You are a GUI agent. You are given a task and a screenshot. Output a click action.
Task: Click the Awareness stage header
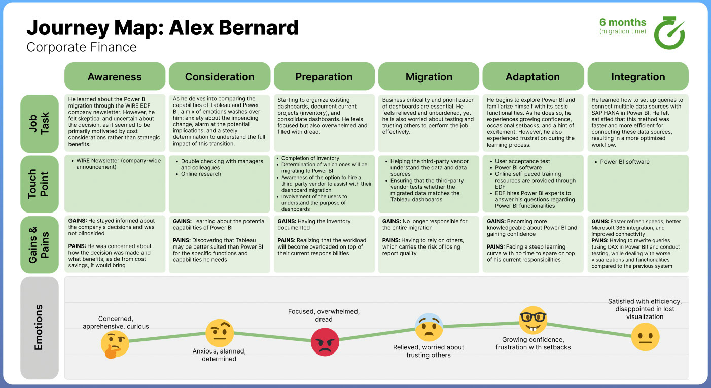pyautogui.click(x=115, y=76)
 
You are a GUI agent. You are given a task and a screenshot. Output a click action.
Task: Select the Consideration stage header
pyautogui.click(x=219, y=76)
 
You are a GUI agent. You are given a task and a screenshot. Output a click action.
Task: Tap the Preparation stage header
pyautogui.click(x=324, y=76)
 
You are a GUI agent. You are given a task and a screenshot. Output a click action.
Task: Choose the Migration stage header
pyautogui.click(x=429, y=76)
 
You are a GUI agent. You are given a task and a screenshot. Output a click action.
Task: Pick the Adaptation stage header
pyautogui.click(x=533, y=76)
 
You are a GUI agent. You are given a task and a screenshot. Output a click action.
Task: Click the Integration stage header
pyautogui.click(x=638, y=76)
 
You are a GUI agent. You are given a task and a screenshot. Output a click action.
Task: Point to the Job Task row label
pyautogui.click(x=40, y=124)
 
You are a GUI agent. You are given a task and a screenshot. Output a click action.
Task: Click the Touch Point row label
pyautogui.click(x=40, y=184)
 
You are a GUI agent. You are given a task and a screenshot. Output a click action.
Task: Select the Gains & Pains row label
pyautogui.click(x=40, y=245)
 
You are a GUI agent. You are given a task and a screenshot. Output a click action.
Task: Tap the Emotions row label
pyautogui.click(x=40, y=328)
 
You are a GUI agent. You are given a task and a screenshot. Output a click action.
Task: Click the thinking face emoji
pyautogui.click(x=115, y=345)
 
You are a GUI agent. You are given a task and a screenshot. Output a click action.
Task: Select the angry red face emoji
pyautogui.click(x=325, y=342)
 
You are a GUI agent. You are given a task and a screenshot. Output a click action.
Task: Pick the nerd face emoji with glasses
pyautogui.click(x=533, y=320)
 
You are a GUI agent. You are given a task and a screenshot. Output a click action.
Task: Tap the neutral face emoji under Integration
pyautogui.click(x=645, y=337)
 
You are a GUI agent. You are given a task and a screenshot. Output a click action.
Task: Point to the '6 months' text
pyautogui.click(x=623, y=22)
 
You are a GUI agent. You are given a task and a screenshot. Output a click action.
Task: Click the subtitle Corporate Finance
pyautogui.click(x=82, y=47)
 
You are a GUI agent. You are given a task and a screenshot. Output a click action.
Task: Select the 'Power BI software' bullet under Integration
pyautogui.click(x=625, y=162)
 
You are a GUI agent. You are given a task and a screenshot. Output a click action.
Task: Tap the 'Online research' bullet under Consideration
pyautogui.click(x=201, y=174)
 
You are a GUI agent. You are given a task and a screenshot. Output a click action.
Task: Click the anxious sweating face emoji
pyautogui.click(x=429, y=327)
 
